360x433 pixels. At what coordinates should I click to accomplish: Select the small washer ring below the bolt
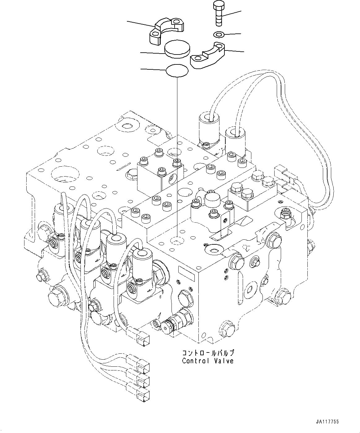(x=219, y=34)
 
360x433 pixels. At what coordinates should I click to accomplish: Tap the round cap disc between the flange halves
(x=177, y=49)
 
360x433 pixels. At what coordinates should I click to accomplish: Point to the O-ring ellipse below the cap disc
(x=177, y=71)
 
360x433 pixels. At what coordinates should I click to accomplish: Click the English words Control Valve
(x=207, y=361)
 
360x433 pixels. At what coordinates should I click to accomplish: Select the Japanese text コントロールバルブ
(x=207, y=353)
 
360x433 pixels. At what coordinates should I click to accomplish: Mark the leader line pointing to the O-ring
(x=153, y=69)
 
